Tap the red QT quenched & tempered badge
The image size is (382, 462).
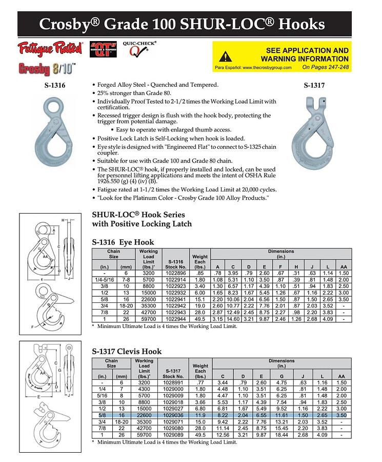[x=102, y=50]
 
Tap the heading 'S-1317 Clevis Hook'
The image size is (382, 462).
[x=127, y=352]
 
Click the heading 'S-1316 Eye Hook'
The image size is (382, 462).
[x=123, y=242]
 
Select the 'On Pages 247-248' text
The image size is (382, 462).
[x=325, y=67]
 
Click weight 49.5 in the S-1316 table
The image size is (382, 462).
[x=199, y=319]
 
